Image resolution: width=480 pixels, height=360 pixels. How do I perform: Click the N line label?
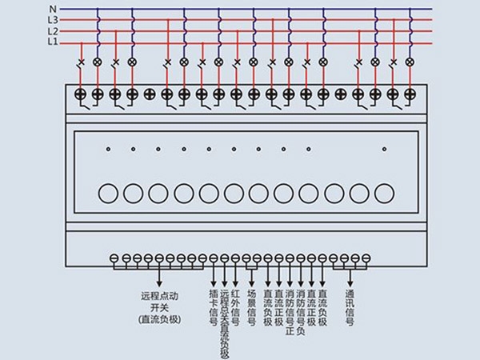click(x=53, y=10)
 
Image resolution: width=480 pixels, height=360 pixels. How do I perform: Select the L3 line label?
click(x=53, y=20)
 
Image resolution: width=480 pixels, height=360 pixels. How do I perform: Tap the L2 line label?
click(x=53, y=30)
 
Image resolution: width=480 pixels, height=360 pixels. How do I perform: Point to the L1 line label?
click(x=53, y=41)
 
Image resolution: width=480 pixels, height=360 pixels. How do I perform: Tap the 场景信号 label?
click(x=251, y=308)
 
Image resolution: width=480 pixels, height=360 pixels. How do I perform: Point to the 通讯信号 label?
click(x=350, y=308)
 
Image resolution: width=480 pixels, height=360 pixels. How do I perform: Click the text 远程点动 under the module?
click(x=159, y=295)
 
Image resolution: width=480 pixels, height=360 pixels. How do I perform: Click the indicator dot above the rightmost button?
click(x=384, y=149)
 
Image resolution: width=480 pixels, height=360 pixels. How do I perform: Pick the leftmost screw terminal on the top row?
click(x=80, y=94)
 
